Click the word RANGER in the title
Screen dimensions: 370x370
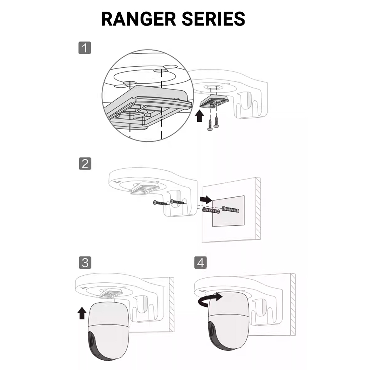(138, 19)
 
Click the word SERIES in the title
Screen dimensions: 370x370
(213, 19)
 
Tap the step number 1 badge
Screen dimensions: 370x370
(85, 48)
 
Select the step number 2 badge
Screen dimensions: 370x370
(85, 164)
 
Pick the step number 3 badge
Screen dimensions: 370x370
(85, 263)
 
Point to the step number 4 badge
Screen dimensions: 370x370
(201, 263)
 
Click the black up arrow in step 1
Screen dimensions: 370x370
(200, 116)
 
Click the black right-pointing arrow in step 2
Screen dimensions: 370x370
(206, 199)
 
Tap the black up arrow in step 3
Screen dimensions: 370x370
(82, 313)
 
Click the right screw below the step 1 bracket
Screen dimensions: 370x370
(216, 121)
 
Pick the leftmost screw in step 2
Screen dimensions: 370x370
(161, 203)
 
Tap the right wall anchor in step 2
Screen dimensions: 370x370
(231, 209)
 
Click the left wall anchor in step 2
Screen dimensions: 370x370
(211, 210)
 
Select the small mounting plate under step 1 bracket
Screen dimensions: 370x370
(214, 101)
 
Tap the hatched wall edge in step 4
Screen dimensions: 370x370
(293, 305)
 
